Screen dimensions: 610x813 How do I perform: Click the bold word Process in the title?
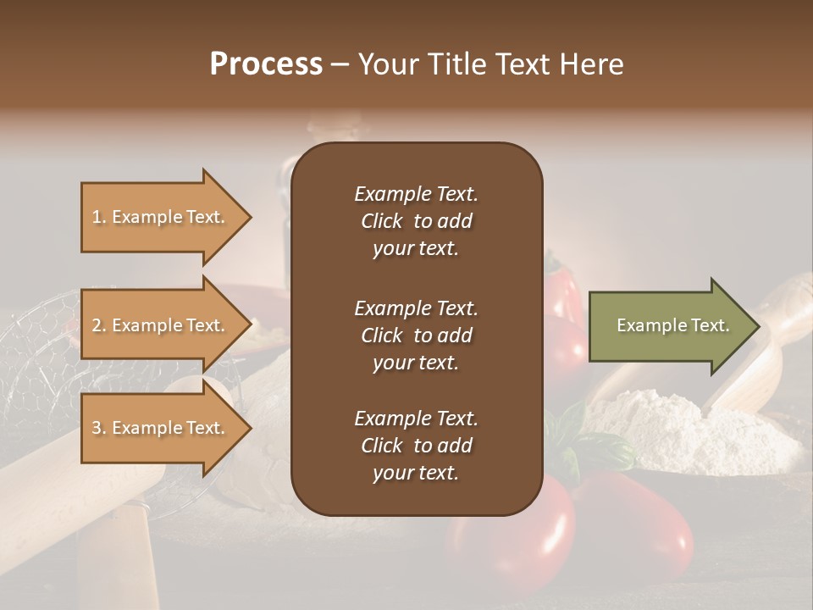coord(266,64)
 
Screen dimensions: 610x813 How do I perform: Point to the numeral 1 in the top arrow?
coord(97,217)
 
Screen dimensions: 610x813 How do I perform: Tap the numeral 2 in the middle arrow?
coord(97,325)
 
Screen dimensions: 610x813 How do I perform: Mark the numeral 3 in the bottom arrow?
coord(97,428)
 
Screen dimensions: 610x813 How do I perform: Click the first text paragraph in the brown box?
coord(416,221)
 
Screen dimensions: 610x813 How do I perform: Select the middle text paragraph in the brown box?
coord(416,335)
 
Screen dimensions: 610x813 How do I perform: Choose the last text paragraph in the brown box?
coord(416,446)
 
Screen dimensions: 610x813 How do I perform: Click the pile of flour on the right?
coord(661,424)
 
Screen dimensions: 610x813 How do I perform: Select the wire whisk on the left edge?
coord(34,339)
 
